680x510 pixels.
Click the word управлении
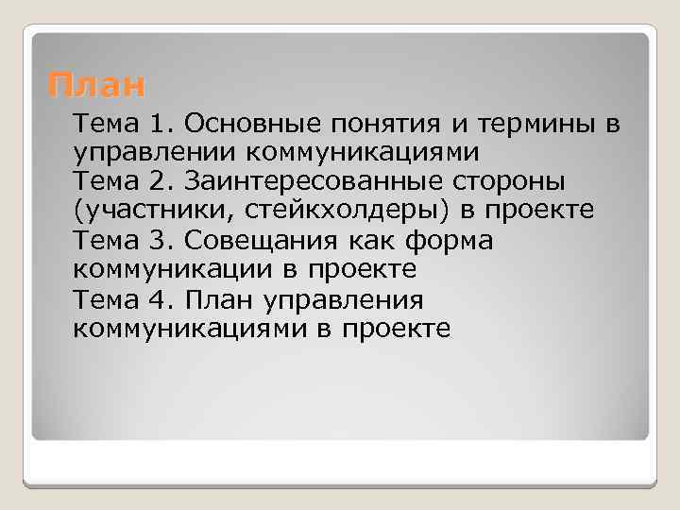[x=155, y=152]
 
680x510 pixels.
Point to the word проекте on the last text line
[x=397, y=329]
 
